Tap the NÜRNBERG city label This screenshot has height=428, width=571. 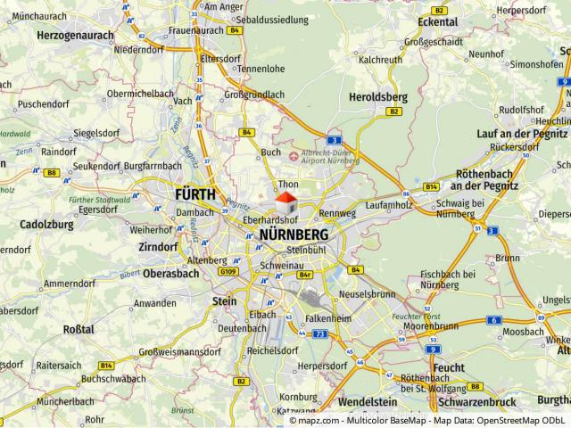click(293, 235)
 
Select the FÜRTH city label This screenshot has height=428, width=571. click(194, 193)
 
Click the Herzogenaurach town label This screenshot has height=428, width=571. click(75, 35)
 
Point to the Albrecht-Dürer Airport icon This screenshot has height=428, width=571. click(295, 157)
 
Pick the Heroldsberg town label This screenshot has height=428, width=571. click(379, 96)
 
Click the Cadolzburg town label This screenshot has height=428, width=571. click(46, 225)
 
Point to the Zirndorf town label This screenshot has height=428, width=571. click(158, 246)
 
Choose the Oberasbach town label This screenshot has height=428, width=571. click(170, 273)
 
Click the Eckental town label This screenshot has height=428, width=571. click(437, 21)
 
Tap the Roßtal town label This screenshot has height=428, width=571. click(79, 329)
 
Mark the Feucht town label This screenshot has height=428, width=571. click(447, 366)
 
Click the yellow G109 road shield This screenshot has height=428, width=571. click(228, 272)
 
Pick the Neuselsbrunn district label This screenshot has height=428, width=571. click(367, 293)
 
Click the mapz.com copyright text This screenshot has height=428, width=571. click(427, 420)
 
